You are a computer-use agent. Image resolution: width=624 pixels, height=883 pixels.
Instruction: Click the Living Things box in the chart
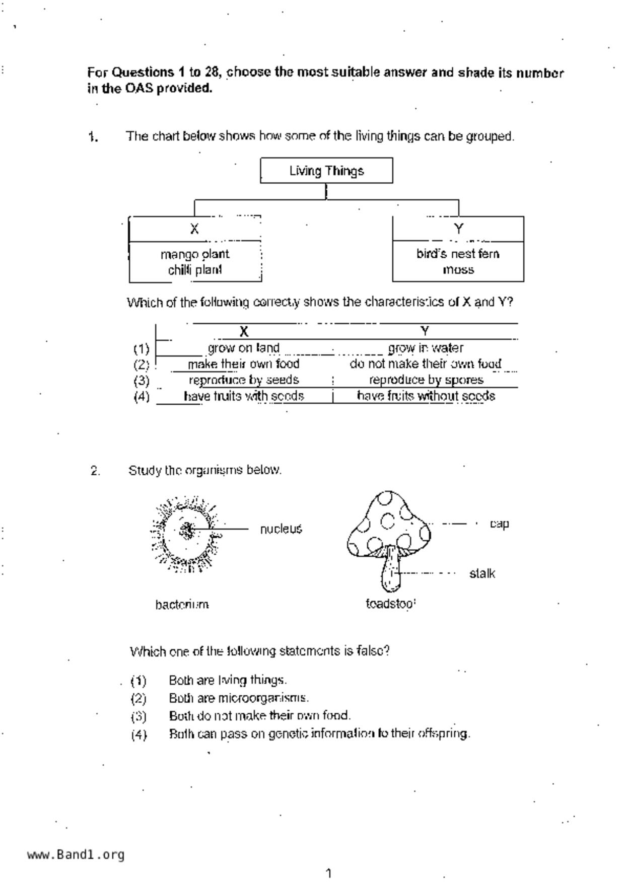326,171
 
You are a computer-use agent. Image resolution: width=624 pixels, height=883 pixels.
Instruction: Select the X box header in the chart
194,229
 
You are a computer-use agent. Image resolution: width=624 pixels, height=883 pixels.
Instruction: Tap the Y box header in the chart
458,229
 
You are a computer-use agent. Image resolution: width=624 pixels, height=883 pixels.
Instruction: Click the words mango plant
195,254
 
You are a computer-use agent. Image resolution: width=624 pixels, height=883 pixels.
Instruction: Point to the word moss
458,270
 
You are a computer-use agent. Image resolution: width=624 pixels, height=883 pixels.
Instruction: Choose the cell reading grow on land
244,348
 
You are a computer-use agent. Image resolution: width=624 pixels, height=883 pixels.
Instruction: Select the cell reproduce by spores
426,380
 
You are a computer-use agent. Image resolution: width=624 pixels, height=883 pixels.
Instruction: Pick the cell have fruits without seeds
426,396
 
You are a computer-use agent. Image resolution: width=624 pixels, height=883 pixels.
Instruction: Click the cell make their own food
244,364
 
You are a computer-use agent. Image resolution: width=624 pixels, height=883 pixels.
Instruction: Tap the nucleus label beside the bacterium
281,529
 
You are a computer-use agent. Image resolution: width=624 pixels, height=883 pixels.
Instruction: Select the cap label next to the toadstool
499,524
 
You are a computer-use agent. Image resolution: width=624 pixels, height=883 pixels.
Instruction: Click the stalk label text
482,573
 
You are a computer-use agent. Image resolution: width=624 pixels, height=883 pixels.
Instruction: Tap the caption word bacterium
182,605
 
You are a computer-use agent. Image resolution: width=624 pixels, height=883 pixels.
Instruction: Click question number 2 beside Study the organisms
95,471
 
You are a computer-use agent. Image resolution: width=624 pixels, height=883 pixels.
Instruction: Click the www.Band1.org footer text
76,855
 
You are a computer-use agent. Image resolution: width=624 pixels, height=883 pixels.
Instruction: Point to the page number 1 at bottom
329,873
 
